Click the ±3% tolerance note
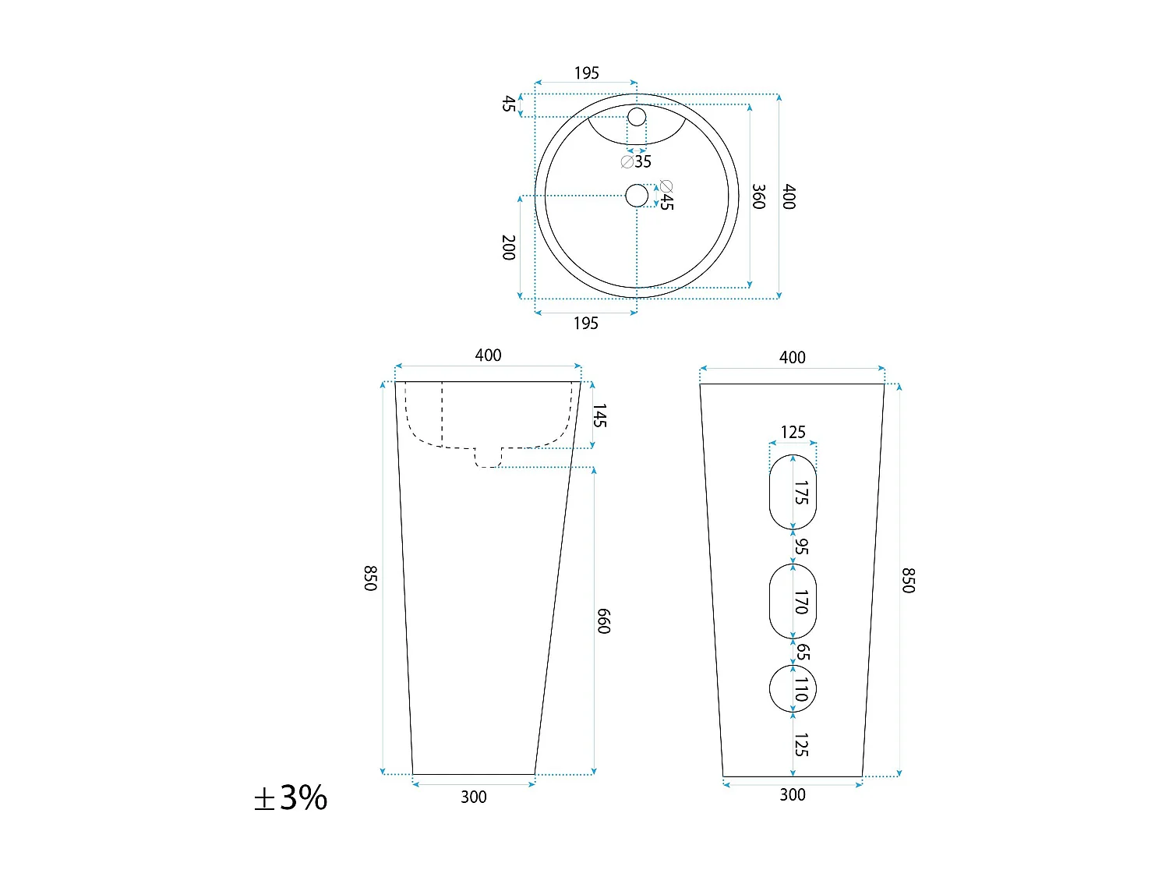coord(290,797)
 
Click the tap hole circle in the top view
coord(637,117)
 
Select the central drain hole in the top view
coord(637,196)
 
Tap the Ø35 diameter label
coord(637,161)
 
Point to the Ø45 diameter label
coord(666,195)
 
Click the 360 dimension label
coord(758,196)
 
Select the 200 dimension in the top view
coord(509,248)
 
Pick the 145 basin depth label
coord(599,416)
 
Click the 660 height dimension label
coord(603,621)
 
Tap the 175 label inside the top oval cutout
coord(801,493)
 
